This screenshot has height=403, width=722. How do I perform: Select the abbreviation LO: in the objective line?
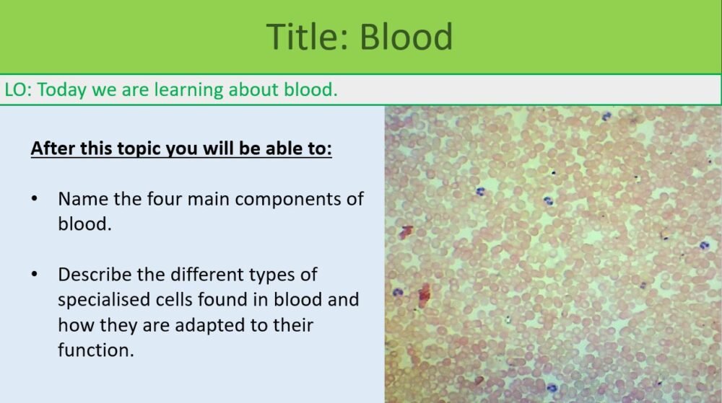coord(17,90)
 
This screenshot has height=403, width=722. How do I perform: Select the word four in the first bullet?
coord(161,199)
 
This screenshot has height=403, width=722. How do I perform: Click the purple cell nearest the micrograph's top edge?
coord(607,115)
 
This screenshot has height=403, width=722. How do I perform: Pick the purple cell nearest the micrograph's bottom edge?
coord(552,388)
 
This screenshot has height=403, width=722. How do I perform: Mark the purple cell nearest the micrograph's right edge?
coord(705,245)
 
